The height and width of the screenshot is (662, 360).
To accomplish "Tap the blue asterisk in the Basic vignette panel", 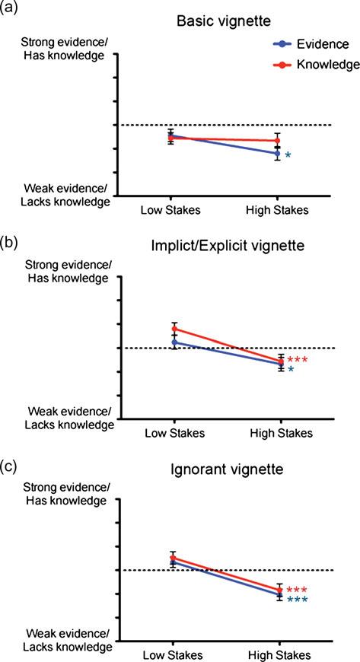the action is click(288, 155).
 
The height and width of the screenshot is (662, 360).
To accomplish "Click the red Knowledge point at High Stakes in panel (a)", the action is click(277, 141).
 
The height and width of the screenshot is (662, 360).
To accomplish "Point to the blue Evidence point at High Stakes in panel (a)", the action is click(277, 154).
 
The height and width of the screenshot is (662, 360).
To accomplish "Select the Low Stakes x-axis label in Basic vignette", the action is click(170, 210).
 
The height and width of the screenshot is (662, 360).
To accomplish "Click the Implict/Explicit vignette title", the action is click(228, 246).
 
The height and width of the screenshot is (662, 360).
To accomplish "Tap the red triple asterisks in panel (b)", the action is click(297, 360).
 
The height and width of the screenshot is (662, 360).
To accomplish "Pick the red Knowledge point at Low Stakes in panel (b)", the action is click(174, 329).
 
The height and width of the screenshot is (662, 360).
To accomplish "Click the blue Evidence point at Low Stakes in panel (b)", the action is click(174, 342).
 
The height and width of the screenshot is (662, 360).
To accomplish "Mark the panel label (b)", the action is click(9, 243).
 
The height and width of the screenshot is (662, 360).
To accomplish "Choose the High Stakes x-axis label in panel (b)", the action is click(282, 433).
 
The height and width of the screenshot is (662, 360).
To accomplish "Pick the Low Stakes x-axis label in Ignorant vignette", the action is click(173, 656).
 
